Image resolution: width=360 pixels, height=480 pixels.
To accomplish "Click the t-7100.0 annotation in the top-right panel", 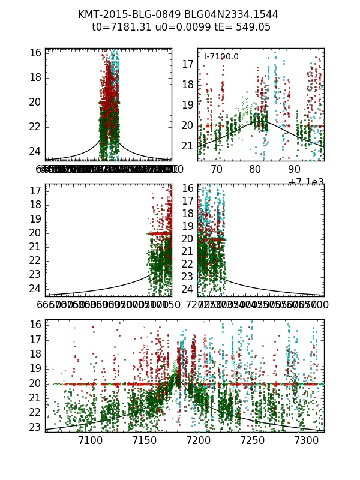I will point(221,56).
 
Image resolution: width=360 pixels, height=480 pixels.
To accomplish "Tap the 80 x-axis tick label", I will point(256,170).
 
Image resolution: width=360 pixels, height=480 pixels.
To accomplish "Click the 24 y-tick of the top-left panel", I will point(35,151).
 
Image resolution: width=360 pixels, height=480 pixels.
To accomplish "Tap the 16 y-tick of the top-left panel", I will point(35,52).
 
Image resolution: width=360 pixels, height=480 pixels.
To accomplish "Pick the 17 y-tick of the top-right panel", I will point(187,64).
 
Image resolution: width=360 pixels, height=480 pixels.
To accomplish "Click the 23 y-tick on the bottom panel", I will point(35,427).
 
